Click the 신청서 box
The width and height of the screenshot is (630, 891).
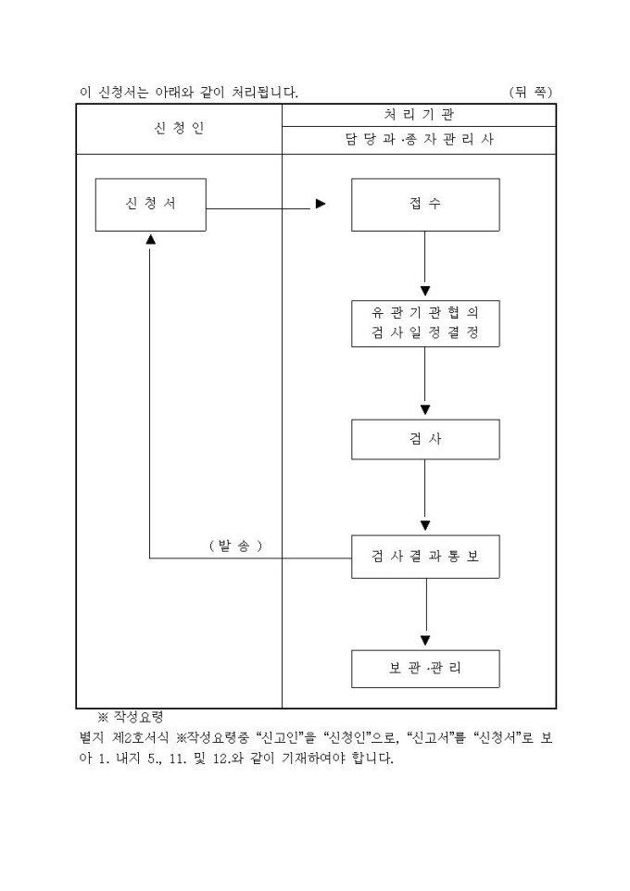pyautogui.click(x=150, y=205)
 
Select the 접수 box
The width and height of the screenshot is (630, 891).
pyautogui.click(x=424, y=205)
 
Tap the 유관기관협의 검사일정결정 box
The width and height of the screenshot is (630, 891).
pyautogui.click(x=424, y=323)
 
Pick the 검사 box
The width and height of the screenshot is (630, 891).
pyautogui.click(x=424, y=439)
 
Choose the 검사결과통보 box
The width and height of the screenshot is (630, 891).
pyautogui.click(x=424, y=557)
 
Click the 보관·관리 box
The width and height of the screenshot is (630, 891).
pyautogui.click(x=424, y=669)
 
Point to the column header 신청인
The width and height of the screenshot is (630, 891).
pyautogui.click(x=179, y=129)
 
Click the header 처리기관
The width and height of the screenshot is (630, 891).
pyautogui.click(x=419, y=115)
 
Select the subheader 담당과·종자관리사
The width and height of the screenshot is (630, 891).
pyautogui.click(x=419, y=141)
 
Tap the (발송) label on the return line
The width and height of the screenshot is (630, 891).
pyautogui.click(x=234, y=545)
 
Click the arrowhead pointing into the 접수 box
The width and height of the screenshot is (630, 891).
pyautogui.click(x=321, y=205)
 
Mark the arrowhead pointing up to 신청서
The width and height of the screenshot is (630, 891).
pyautogui.click(x=150, y=239)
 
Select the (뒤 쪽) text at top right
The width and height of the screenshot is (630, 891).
pyautogui.click(x=531, y=92)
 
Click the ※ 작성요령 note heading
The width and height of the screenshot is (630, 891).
pyautogui.click(x=130, y=717)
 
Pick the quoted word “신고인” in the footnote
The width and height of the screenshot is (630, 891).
pyautogui.click(x=278, y=738)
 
